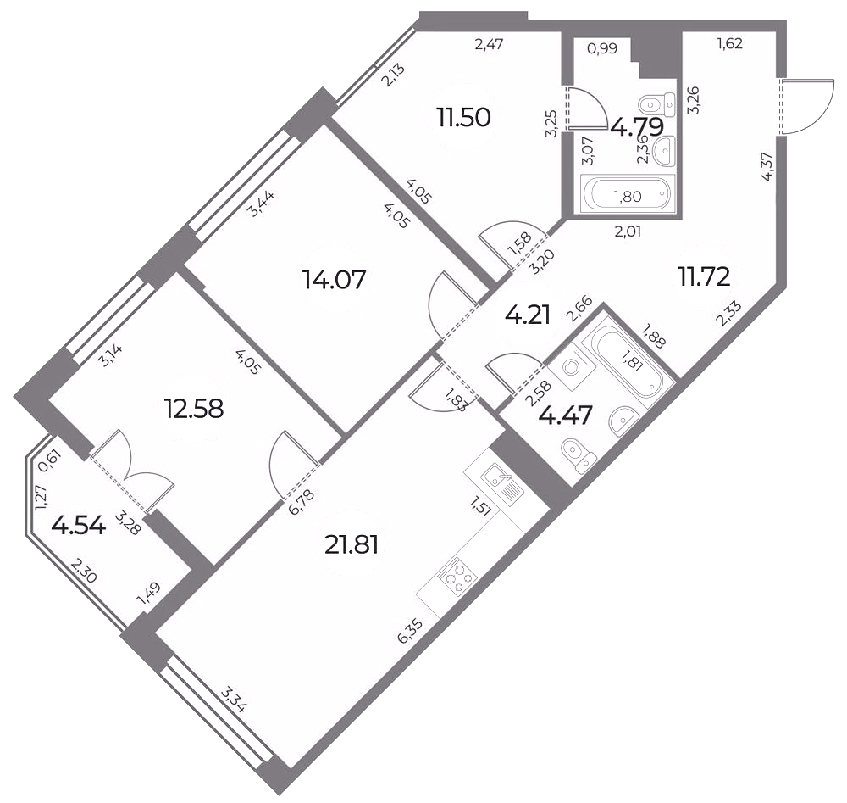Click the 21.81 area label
(x=352, y=545)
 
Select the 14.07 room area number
(x=335, y=280)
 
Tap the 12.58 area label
(x=193, y=410)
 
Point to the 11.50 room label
(x=464, y=117)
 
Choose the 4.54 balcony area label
(x=78, y=526)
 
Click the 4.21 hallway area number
(x=528, y=315)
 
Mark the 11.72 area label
(x=705, y=277)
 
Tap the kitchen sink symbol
(x=502, y=484)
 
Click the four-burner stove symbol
(x=457, y=576)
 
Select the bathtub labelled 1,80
(x=628, y=195)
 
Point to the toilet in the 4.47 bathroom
(x=578, y=454)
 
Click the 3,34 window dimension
(x=234, y=700)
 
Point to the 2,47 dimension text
(x=489, y=44)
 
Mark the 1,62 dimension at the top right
(x=729, y=44)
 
